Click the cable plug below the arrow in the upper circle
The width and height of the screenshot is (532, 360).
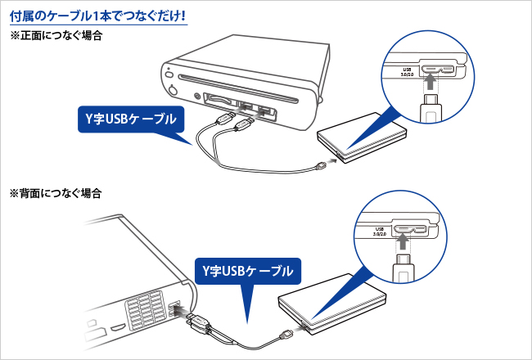tap(431, 106)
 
